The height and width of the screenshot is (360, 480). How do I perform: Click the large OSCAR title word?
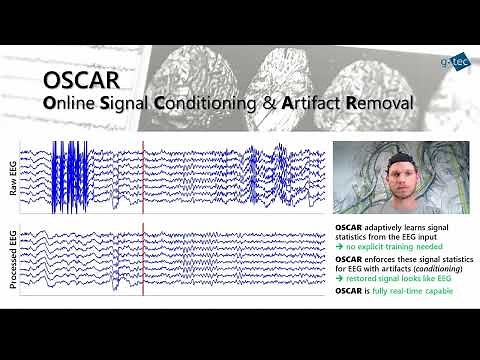(83, 79)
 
